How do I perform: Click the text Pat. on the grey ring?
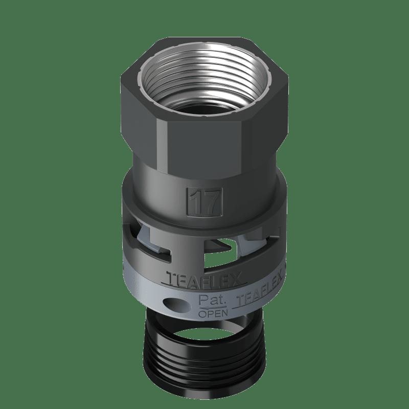[x=212, y=300]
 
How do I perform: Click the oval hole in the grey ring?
[x=175, y=304]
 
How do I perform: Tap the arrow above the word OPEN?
[x=212, y=308]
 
